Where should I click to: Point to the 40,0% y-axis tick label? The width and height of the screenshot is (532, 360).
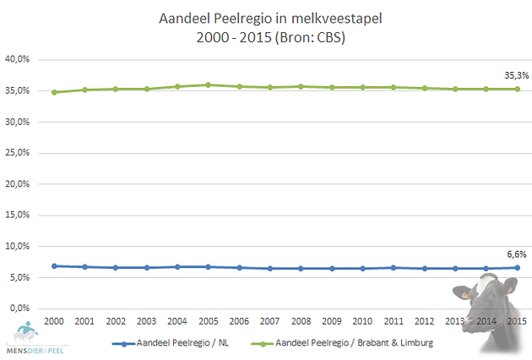19,59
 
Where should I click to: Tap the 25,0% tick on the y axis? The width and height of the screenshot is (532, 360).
19,153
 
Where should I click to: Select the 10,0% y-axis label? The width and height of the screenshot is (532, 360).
19,246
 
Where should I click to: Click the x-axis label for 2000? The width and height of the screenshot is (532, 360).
54,321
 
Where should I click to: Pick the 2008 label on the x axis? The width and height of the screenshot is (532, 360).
301,321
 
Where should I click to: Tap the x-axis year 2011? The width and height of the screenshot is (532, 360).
393,321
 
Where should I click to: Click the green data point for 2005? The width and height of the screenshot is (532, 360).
209,85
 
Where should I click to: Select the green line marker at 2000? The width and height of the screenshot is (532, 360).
54,92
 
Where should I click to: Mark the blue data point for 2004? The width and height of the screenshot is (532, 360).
177,266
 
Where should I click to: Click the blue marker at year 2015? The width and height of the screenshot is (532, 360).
517,267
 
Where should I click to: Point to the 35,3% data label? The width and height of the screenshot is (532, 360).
516,75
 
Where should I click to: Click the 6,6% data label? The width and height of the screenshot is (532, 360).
516,254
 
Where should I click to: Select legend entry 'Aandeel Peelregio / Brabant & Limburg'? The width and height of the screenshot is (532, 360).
350,344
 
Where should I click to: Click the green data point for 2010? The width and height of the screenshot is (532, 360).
362,87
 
